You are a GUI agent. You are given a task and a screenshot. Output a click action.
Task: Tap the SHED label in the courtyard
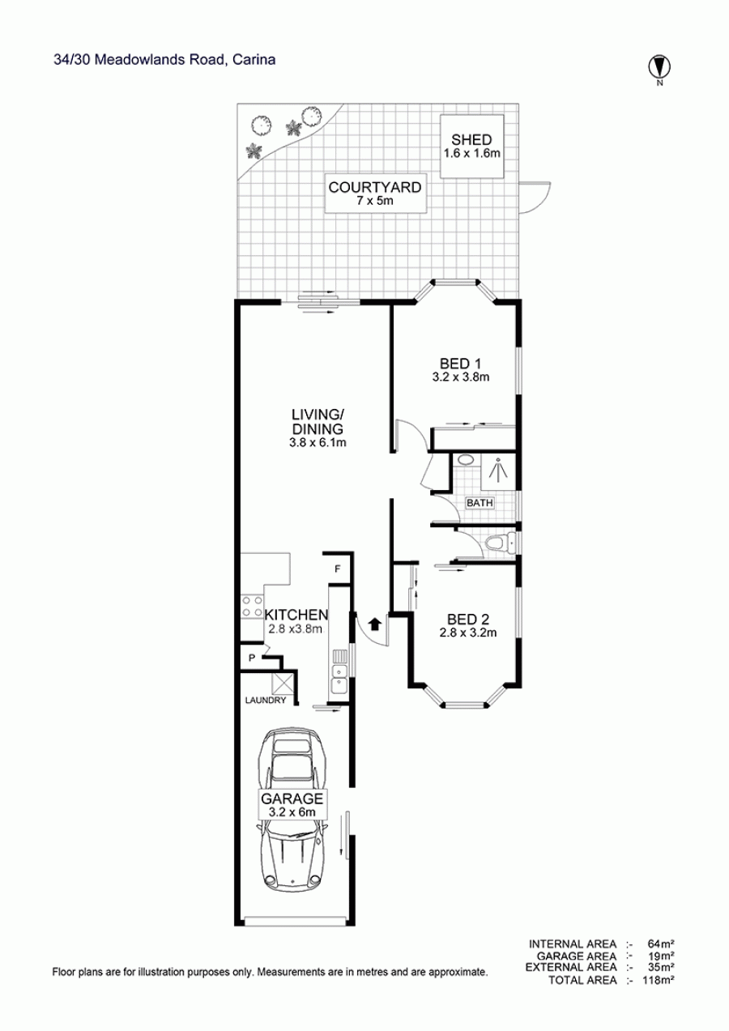471,139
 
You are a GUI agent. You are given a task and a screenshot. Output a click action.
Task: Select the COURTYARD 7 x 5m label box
376,194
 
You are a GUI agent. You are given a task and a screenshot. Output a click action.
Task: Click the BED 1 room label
460,364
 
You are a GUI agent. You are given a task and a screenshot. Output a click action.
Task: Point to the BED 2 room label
467,619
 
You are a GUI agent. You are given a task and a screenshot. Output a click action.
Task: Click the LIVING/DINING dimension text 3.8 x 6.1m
318,443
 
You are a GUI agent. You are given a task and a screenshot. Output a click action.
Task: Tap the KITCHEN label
296,615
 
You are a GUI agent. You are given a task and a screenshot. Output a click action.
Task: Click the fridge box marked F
337,569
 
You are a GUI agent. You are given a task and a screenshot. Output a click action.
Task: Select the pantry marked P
252,658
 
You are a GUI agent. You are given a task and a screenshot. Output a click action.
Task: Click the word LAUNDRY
266,701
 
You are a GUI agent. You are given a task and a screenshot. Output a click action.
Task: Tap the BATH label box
480,503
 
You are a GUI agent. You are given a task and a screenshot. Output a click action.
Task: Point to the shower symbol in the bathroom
498,471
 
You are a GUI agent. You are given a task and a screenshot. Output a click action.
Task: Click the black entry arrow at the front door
375,624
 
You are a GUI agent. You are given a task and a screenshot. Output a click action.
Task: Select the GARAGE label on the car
292,798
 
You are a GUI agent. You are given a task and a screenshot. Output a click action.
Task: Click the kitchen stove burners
252,606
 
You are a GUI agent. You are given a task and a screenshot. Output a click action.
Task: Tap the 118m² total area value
659,980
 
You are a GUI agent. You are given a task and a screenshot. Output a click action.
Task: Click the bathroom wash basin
467,460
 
